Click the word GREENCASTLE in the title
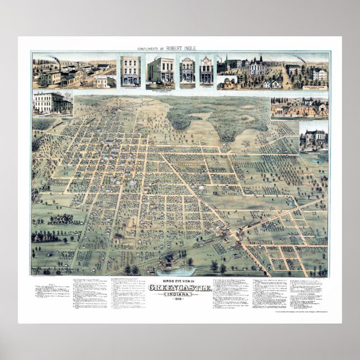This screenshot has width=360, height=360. click(180, 288)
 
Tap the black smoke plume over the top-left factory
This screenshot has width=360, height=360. click(54, 59)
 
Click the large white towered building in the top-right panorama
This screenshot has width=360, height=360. click(258, 68)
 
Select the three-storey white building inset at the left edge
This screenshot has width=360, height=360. click(51, 103)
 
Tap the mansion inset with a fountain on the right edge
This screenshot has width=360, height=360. click(314, 136)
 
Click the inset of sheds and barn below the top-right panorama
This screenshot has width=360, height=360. click(299, 107)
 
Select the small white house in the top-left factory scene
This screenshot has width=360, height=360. click(102, 82)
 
